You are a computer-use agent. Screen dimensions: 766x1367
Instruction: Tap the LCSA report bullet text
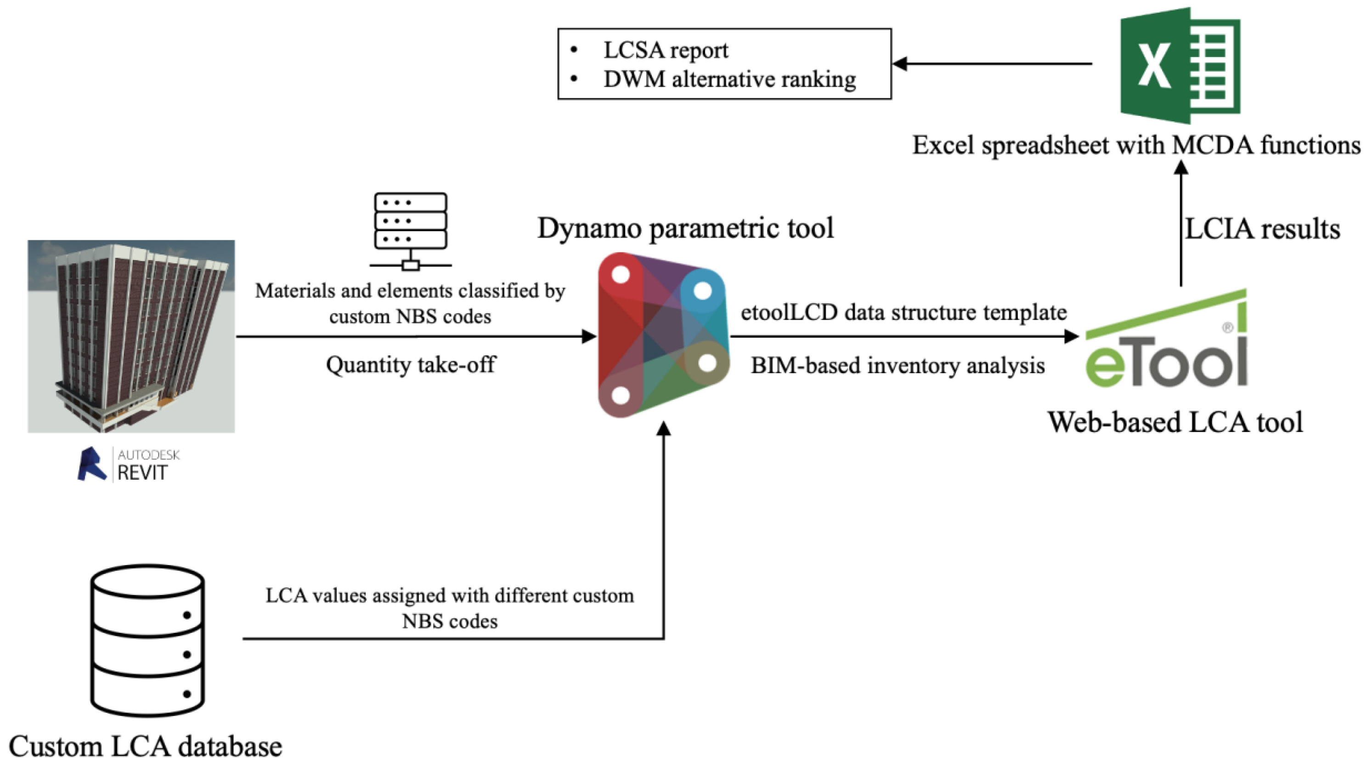pyautogui.click(x=665, y=51)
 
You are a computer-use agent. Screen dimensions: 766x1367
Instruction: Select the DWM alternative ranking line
pyautogui.click(x=729, y=79)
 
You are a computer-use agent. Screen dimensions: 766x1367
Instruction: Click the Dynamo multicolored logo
pyautogui.click(x=663, y=335)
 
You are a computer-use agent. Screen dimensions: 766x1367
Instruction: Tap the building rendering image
pyautogui.click(x=131, y=336)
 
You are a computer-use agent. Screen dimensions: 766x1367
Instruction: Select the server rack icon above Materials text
pyautogui.click(x=410, y=231)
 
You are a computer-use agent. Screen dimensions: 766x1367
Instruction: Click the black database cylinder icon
pyautogui.click(x=147, y=640)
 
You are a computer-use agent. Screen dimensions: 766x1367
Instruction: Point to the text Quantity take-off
pyautogui.click(x=410, y=365)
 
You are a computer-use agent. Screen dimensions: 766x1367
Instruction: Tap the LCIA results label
pyautogui.click(x=1262, y=229)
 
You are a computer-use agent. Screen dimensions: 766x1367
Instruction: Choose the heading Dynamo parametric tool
pyautogui.click(x=685, y=228)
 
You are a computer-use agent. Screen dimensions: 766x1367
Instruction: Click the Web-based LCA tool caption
pyautogui.click(x=1175, y=423)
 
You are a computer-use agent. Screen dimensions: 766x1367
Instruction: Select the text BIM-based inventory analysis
pyautogui.click(x=898, y=366)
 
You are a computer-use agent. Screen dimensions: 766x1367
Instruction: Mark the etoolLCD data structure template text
pyautogui.click(x=903, y=312)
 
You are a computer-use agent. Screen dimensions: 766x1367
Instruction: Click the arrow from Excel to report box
pyautogui.click(x=992, y=64)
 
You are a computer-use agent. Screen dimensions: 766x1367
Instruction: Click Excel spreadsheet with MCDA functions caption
pyautogui.click(x=1135, y=145)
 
